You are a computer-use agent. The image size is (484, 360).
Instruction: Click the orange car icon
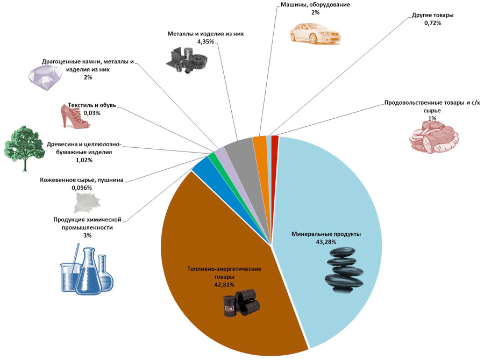tap(315, 33)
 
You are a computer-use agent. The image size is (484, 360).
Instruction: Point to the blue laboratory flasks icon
tap(87, 268)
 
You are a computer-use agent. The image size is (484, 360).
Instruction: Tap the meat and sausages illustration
tap(433, 136)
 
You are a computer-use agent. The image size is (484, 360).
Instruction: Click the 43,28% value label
tap(326, 242)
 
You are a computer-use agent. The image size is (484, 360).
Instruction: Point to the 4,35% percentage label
tap(205, 41)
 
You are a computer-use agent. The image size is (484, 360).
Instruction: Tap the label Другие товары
tap(432, 15)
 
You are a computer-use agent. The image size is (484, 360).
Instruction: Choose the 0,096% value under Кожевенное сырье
tap(82, 188)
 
